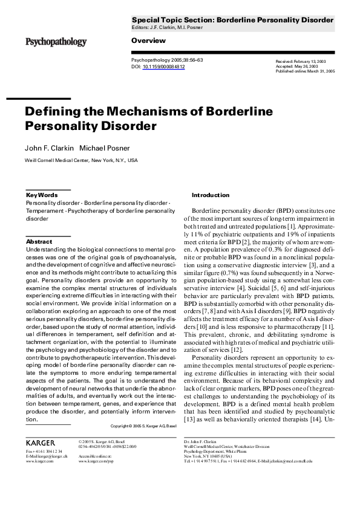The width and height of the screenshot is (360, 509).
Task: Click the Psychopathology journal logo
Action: click(x=55, y=42)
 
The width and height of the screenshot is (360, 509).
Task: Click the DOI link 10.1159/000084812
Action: click(x=163, y=67)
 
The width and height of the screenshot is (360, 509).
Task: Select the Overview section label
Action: click(x=148, y=41)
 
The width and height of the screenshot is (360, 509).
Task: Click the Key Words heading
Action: click(x=42, y=195)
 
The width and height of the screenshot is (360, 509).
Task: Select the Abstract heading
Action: click(x=39, y=242)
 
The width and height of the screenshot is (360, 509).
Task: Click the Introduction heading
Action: click(x=211, y=195)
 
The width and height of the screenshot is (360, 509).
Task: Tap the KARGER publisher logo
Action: click(x=41, y=443)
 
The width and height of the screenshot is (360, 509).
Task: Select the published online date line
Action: click(x=305, y=71)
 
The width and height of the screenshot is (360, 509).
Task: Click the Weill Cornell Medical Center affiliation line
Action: click(x=81, y=161)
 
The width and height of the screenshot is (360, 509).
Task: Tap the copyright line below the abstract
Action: click(x=143, y=426)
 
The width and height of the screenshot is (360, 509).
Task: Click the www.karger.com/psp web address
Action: click(x=96, y=461)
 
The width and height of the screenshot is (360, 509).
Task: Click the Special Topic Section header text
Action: click(x=232, y=20)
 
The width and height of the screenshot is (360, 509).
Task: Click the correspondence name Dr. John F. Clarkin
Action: click(x=201, y=442)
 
